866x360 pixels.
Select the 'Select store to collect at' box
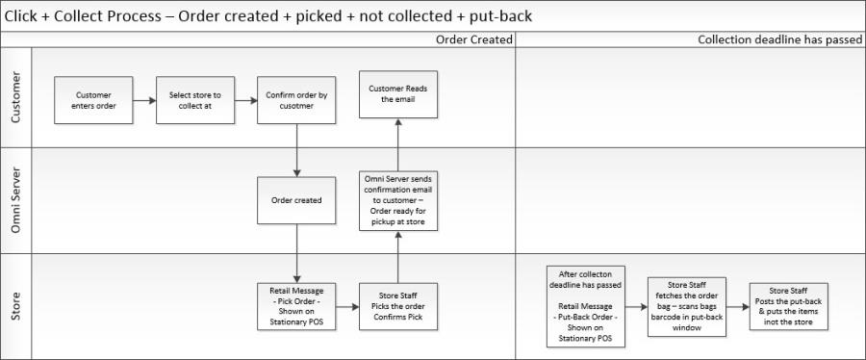click(x=195, y=100)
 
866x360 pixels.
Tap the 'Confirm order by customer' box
click(x=296, y=100)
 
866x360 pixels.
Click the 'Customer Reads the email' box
click(x=398, y=93)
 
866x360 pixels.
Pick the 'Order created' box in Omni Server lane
click(x=296, y=200)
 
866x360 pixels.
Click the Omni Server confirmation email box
click(x=398, y=200)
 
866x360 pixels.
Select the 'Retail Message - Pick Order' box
click(x=296, y=305)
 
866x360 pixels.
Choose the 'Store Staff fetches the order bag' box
click(x=686, y=305)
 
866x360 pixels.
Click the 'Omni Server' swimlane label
click(x=16, y=200)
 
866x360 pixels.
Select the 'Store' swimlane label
click(x=16, y=305)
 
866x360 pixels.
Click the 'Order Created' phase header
click(x=473, y=39)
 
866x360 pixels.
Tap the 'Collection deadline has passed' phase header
click(x=778, y=39)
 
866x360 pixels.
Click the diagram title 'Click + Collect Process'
click(x=268, y=15)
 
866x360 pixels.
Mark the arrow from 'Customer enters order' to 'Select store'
click(x=143, y=100)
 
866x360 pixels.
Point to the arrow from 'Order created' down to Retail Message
click(x=296, y=253)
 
